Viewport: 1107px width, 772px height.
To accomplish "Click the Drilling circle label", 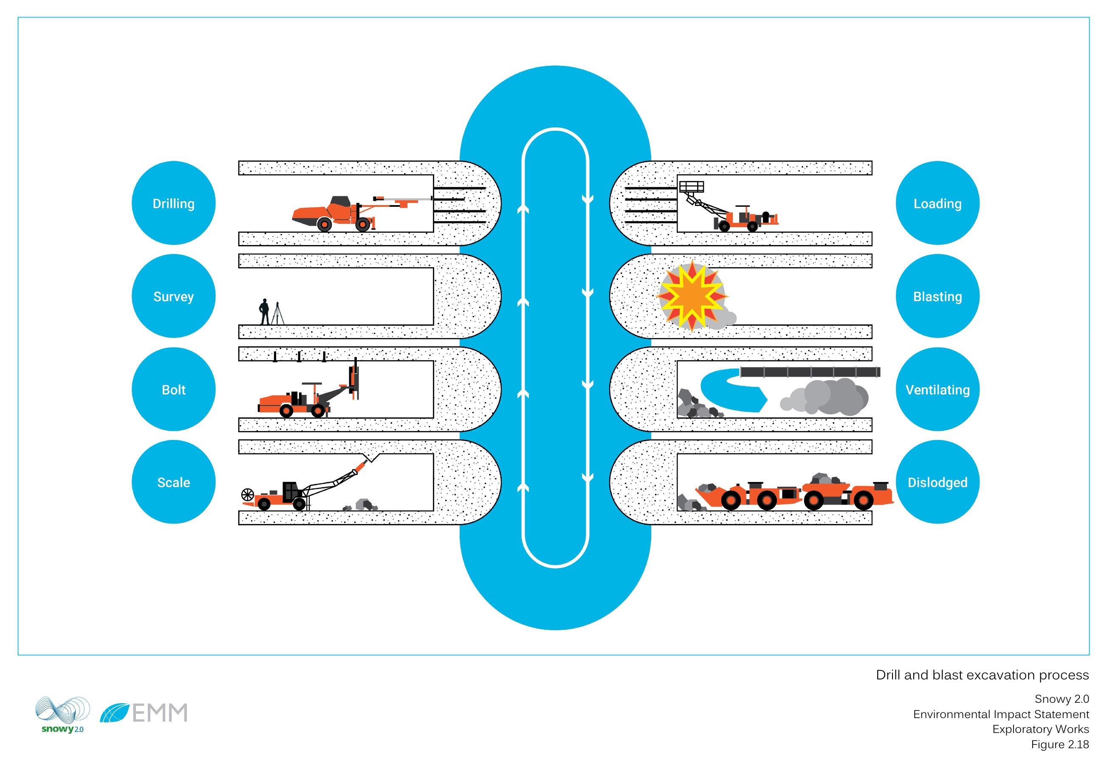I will click(x=174, y=203).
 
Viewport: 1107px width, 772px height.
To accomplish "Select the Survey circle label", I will click(x=174, y=296).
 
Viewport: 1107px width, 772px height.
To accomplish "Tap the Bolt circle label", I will click(x=174, y=389).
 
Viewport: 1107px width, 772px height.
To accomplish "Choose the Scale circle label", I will click(x=174, y=482).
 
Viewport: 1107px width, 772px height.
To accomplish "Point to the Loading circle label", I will click(x=937, y=203).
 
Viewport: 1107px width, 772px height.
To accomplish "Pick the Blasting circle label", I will click(x=937, y=296).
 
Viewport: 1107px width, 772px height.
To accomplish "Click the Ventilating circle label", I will click(x=937, y=389).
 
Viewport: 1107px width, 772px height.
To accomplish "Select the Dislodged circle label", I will click(x=937, y=482).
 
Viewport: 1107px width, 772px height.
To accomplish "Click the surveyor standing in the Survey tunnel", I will click(x=264, y=312).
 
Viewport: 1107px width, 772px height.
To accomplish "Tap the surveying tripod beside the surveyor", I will click(x=278, y=314).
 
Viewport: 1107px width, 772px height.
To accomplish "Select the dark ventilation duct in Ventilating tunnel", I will click(x=810, y=372).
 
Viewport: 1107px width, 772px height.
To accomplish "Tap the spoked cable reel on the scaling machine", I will click(x=247, y=494).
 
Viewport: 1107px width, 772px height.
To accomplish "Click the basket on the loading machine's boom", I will click(x=692, y=186).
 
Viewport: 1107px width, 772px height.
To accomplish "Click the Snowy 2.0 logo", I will click(x=62, y=714).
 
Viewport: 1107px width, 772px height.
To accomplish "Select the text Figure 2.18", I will click(x=1059, y=744).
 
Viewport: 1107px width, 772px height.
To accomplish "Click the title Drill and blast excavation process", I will click(x=982, y=675).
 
